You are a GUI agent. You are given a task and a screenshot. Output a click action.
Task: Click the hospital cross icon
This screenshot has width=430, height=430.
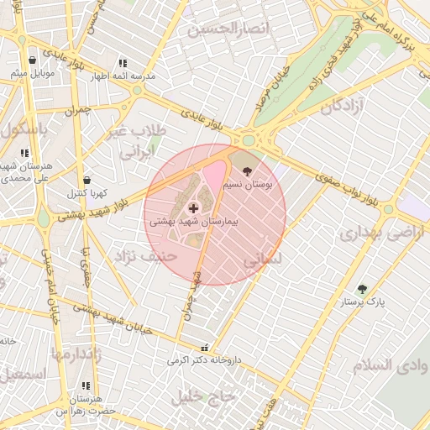[x=193, y=207]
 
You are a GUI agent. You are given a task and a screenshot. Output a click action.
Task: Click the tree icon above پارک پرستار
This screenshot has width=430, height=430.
[x=362, y=289]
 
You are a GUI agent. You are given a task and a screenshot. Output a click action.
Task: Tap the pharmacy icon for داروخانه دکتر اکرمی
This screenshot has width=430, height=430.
[x=203, y=349]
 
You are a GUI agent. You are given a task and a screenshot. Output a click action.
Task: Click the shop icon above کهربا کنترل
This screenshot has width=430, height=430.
[x=87, y=181]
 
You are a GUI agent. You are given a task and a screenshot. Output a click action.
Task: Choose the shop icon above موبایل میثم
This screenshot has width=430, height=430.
[x=32, y=60]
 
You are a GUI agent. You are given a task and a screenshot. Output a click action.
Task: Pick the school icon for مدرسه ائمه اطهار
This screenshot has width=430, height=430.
[x=123, y=63]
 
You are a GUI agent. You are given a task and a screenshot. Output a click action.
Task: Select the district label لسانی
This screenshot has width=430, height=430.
[x=263, y=261]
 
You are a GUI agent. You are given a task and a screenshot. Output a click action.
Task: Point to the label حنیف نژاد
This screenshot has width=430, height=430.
[x=145, y=255]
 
